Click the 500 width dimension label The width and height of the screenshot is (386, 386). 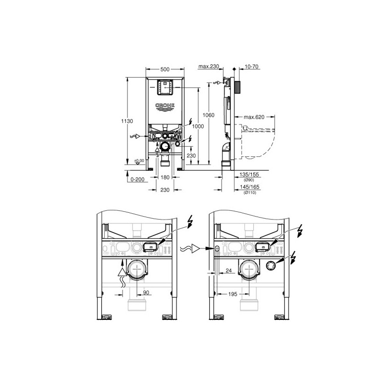[x=165, y=69]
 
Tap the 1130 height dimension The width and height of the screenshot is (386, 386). [x=127, y=121]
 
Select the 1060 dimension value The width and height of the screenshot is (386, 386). [x=208, y=115]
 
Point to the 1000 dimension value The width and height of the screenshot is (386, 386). [x=198, y=126]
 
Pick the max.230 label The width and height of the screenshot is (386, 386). [x=209, y=66]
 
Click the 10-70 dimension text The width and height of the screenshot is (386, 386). [x=251, y=67]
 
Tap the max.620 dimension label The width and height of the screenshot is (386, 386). [x=254, y=117]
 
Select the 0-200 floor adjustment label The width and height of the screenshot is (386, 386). [x=138, y=179]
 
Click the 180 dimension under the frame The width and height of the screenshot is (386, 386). [x=165, y=177]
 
